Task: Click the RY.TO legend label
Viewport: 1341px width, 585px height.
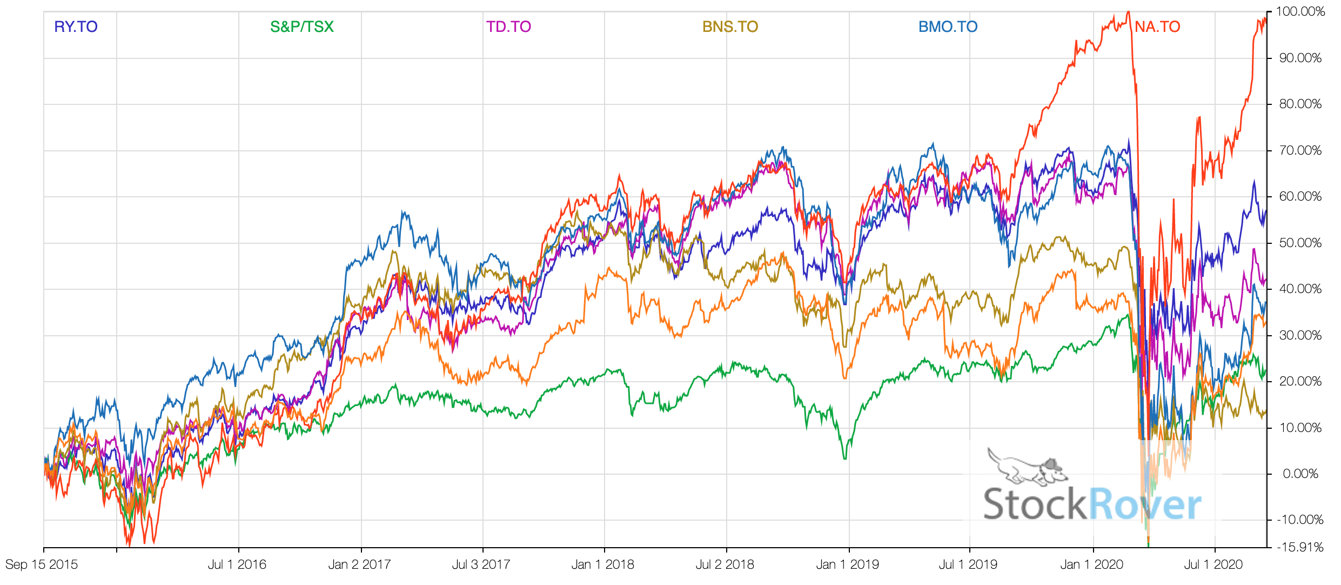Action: (76, 27)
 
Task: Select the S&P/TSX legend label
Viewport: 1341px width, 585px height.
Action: (302, 27)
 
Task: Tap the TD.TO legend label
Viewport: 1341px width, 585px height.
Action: (508, 27)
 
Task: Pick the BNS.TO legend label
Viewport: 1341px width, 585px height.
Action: (730, 27)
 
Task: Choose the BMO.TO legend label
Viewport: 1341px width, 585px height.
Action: (948, 27)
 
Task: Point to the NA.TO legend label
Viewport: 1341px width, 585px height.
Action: (1157, 27)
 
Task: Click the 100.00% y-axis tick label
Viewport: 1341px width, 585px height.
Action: (1300, 12)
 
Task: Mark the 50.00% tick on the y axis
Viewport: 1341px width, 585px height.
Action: (1300, 243)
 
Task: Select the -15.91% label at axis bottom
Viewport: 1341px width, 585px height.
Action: (1300, 547)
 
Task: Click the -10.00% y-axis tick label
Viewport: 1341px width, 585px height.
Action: (1300, 520)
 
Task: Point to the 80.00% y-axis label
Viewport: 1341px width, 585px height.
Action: (1300, 104)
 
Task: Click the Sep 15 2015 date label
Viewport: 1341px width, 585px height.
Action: (42, 565)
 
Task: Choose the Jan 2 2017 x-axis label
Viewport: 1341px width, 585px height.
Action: (359, 565)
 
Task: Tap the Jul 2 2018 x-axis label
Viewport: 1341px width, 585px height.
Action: (725, 565)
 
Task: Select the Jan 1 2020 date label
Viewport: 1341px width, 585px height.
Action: (1091, 565)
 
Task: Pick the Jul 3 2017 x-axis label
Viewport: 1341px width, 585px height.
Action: (481, 565)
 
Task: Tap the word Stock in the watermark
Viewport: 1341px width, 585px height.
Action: (1034, 504)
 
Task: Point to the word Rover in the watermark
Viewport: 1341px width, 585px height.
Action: (1145, 504)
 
